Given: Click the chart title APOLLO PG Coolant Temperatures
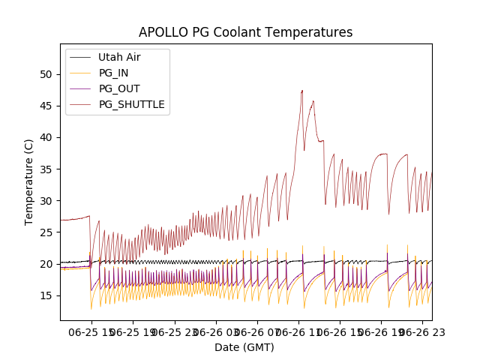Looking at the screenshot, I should coord(245,33).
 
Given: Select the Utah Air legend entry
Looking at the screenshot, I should coord(119,57).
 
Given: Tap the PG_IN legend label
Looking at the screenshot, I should coord(113,73).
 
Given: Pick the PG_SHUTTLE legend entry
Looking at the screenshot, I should coord(131,104).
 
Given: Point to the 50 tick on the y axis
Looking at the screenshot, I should coord(46,74).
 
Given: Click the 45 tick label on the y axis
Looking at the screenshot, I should coord(46,106).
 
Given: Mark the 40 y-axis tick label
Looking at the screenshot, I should coord(46,137).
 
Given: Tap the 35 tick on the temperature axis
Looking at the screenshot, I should coord(46,169).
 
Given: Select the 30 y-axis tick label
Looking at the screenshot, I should coord(46,200).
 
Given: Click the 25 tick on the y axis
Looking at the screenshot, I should coord(46,232).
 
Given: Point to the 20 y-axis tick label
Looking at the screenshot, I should coord(46,264).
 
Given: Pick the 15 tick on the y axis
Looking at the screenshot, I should coord(46,295).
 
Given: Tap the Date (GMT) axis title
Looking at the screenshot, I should coord(244,347).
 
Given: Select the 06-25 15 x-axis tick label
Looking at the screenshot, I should coord(90,331).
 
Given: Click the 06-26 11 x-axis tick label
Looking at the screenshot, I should coord(298,331).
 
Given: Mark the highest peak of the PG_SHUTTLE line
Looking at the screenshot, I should coord(302,91).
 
